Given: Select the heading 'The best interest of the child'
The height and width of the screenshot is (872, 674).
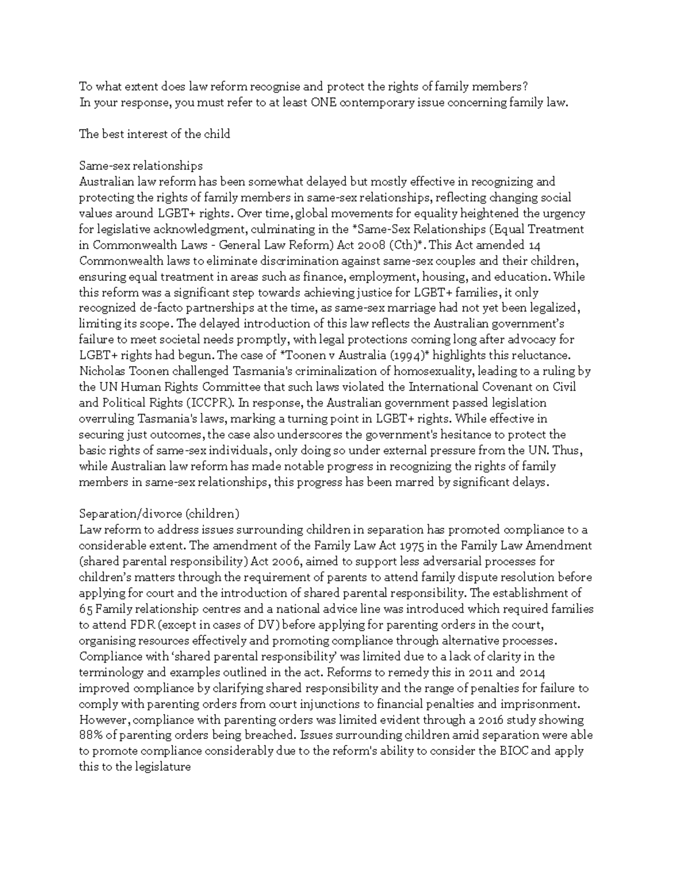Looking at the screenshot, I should tap(154, 134).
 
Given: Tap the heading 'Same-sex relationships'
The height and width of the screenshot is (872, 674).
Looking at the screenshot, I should tap(140, 166).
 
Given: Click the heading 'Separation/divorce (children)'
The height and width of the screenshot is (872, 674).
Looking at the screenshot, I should tap(160, 514).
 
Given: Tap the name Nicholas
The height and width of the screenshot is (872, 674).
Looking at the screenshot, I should tap(101, 371).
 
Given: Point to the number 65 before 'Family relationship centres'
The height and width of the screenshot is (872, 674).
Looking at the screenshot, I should tap(86, 609).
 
